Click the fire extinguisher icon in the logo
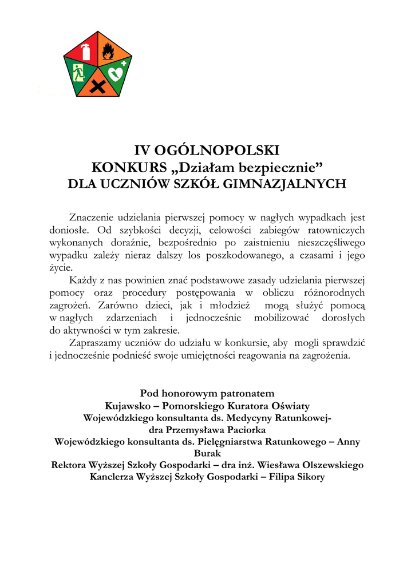[x=86, y=51]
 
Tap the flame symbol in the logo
[x=108, y=53]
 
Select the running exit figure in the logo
[x=78, y=73]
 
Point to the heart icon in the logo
[x=117, y=74]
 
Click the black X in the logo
[x=98, y=88]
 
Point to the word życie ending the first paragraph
[x=61, y=267]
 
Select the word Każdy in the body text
[x=82, y=280]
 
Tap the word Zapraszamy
[x=96, y=343]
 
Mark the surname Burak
[x=207, y=453]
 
